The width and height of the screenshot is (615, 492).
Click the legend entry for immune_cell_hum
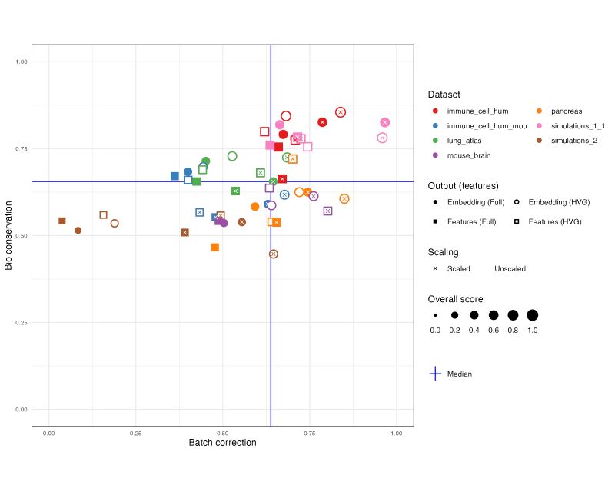click(x=477, y=111)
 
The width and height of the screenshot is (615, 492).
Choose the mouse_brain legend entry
click(x=469, y=155)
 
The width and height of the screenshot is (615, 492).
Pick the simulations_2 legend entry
click(x=573, y=141)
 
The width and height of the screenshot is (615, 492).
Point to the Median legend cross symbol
click(x=435, y=374)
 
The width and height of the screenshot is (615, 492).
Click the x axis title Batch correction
click(x=222, y=443)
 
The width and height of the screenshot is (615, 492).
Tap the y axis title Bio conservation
click(x=9, y=235)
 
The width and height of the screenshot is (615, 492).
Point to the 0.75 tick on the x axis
click(x=309, y=434)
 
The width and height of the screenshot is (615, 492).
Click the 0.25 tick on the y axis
click(x=21, y=322)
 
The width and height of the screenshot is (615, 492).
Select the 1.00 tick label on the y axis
click(x=21, y=61)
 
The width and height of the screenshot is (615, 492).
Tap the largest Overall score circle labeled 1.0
click(x=532, y=315)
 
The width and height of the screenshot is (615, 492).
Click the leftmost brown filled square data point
click(x=62, y=221)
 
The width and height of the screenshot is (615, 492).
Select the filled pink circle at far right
click(x=385, y=122)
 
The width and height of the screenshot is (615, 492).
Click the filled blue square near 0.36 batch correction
click(x=175, y=176)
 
